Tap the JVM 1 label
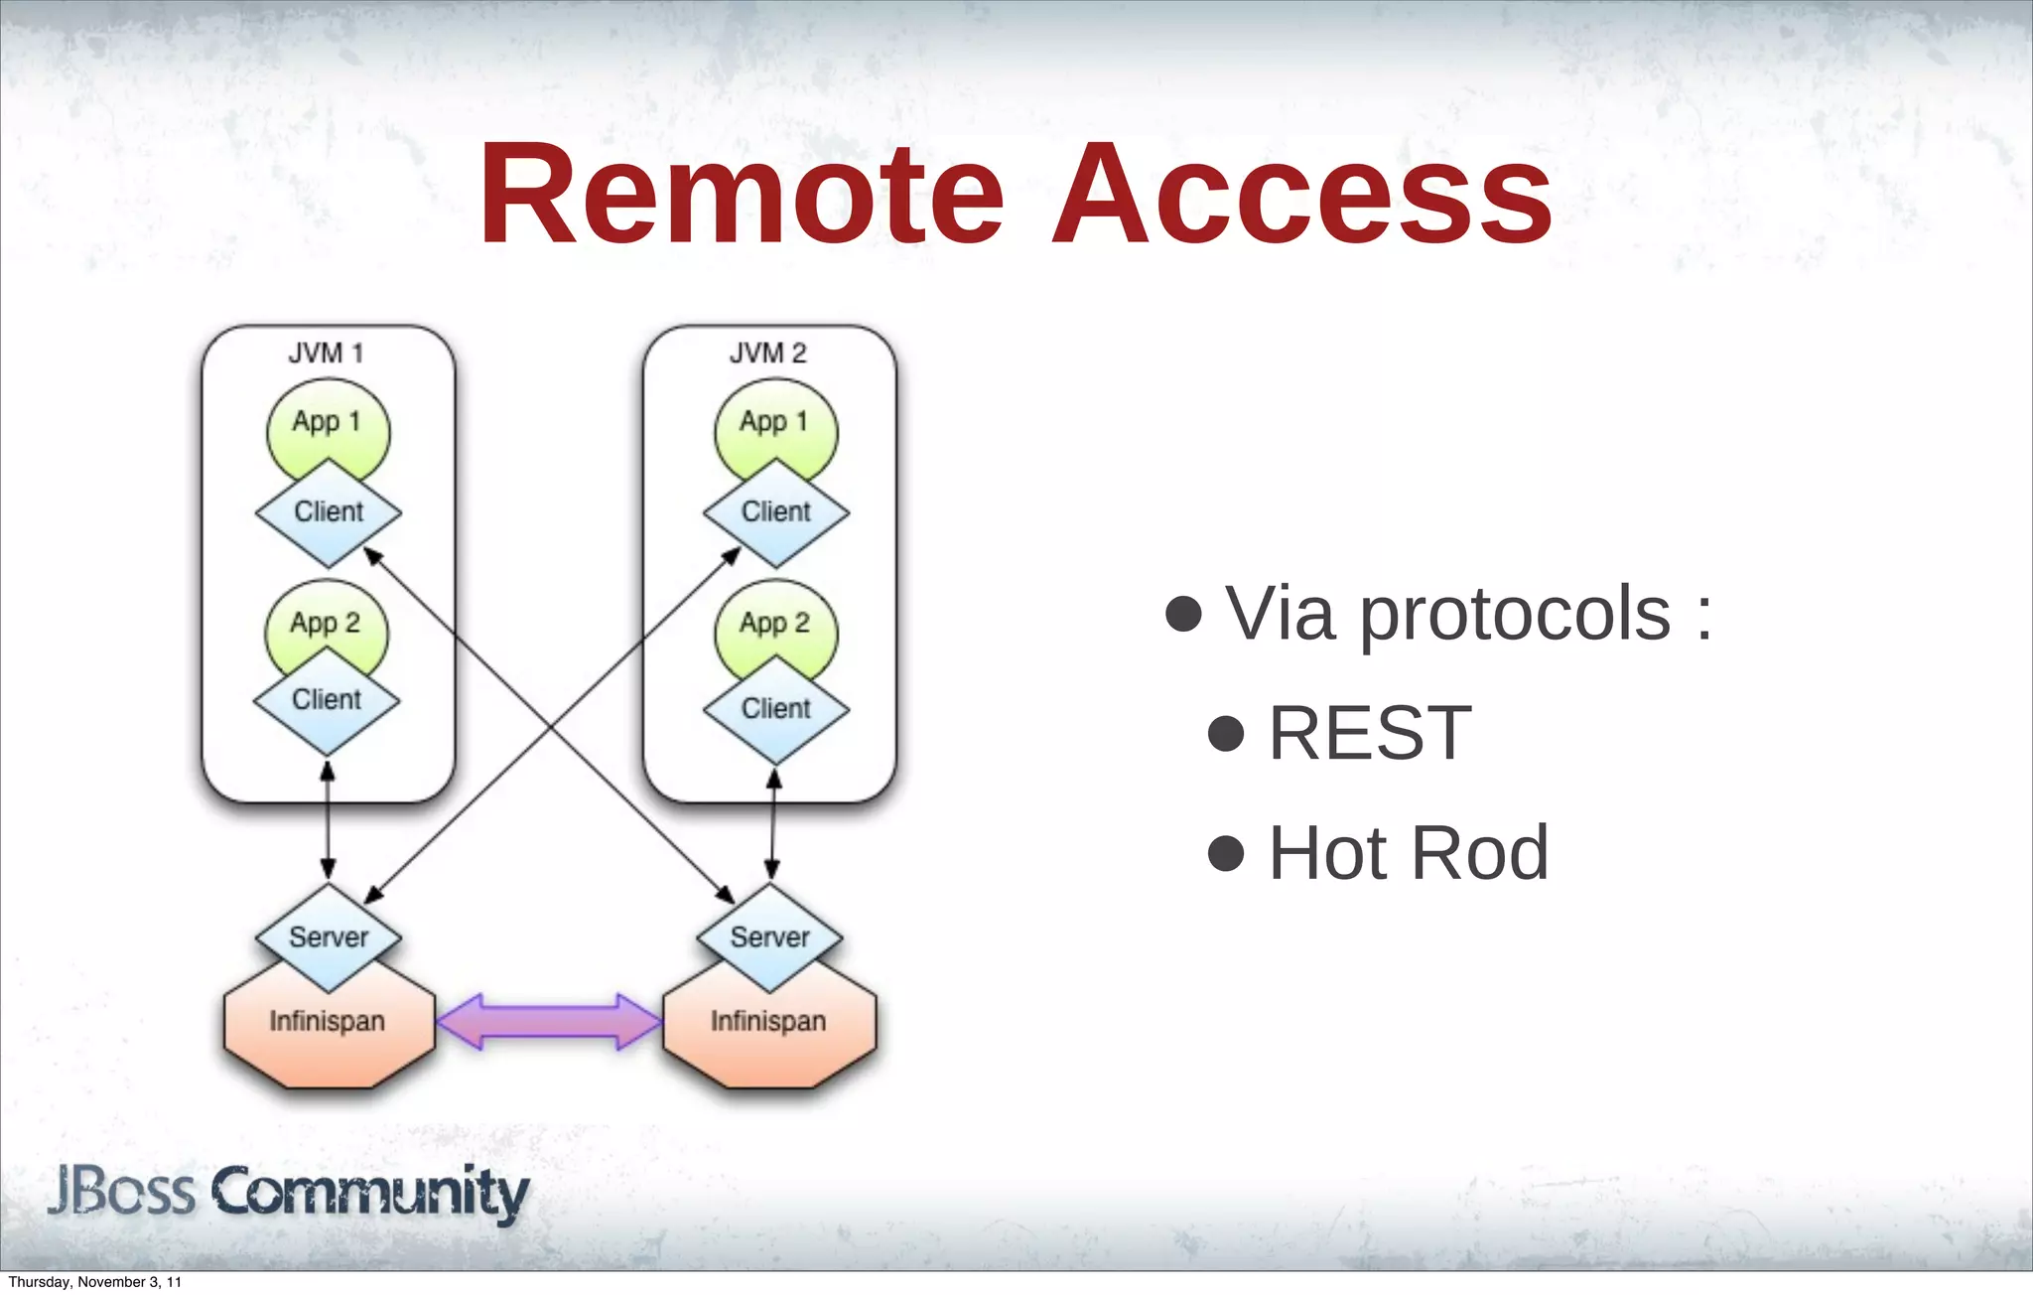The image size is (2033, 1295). (x=326, y=353)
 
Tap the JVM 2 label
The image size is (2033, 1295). (x=767, y=353)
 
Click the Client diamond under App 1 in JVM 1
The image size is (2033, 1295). (x=329, y=513)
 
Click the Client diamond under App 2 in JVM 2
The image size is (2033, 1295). (x=775, y=710)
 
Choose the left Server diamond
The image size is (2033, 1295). (x=329, y=937)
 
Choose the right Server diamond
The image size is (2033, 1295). (x=769, y=937)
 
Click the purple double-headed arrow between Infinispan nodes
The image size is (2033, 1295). (x=549, y=1021)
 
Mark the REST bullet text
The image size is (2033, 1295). (x=1370, y=733)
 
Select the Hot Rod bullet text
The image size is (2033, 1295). (x=1408, y=853)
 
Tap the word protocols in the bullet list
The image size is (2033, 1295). (x=1515, y=614)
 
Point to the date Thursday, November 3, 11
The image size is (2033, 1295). (x=95, y=1282)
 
